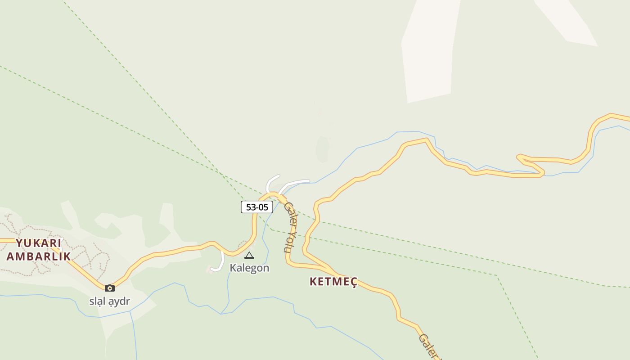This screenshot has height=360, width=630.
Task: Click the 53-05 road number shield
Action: (257, 207)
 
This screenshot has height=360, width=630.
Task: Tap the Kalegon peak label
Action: (249, 268)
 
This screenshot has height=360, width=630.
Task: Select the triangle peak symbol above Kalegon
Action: (249, 256)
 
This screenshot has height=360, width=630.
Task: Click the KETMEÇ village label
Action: (333, 282)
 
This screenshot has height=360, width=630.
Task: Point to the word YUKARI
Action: (38, 243)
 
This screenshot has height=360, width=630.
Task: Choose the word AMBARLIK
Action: (38, 256)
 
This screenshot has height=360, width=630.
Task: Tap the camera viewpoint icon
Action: (110, 288)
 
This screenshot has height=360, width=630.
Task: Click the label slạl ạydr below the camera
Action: (109, 301)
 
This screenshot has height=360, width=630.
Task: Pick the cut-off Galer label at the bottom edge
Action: (429, 346)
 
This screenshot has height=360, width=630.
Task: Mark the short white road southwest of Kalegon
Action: (220, 264)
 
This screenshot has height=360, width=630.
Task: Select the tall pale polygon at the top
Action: (428, 49)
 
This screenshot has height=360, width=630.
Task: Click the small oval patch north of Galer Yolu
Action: (323, 149)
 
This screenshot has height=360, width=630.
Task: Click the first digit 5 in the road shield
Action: (248, 207)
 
